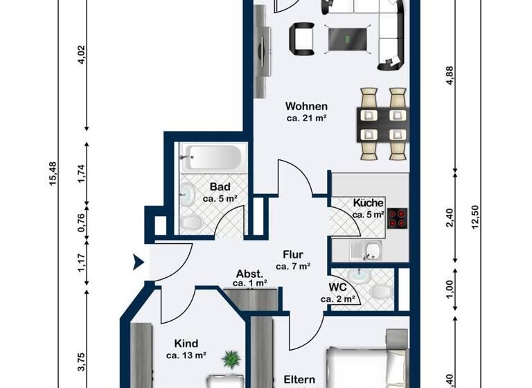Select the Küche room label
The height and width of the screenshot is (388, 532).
(368, 203)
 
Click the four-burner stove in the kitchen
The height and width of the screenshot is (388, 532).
(398, 219)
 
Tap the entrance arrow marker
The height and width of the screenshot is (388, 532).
(138, 262)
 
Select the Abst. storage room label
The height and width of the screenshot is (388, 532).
(249, 273)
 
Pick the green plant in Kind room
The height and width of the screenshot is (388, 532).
(230, 360)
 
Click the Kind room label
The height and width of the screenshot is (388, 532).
(186, 344)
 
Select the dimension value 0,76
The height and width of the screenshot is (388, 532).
(81, 222)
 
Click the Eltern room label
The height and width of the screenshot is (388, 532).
(299, 380)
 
